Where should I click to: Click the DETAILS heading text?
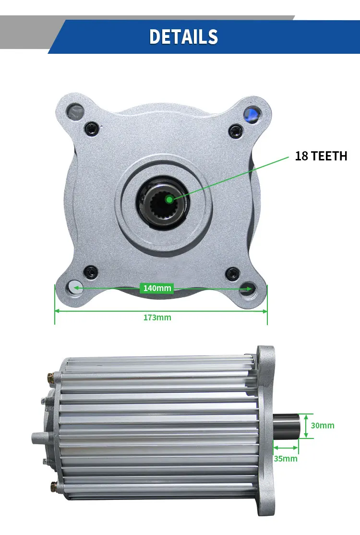tap(183, 37)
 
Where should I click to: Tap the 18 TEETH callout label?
tap(321, 156)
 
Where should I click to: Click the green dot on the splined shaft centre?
tap(168, 198)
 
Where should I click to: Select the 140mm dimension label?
tap(157, 288)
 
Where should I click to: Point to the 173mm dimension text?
tap(157, 317)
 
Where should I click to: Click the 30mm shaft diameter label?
tap(323, 426)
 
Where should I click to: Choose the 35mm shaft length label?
tap(286, 459)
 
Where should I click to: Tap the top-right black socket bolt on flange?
tap(234, 129)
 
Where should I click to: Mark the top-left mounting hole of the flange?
tap(76, 113)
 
